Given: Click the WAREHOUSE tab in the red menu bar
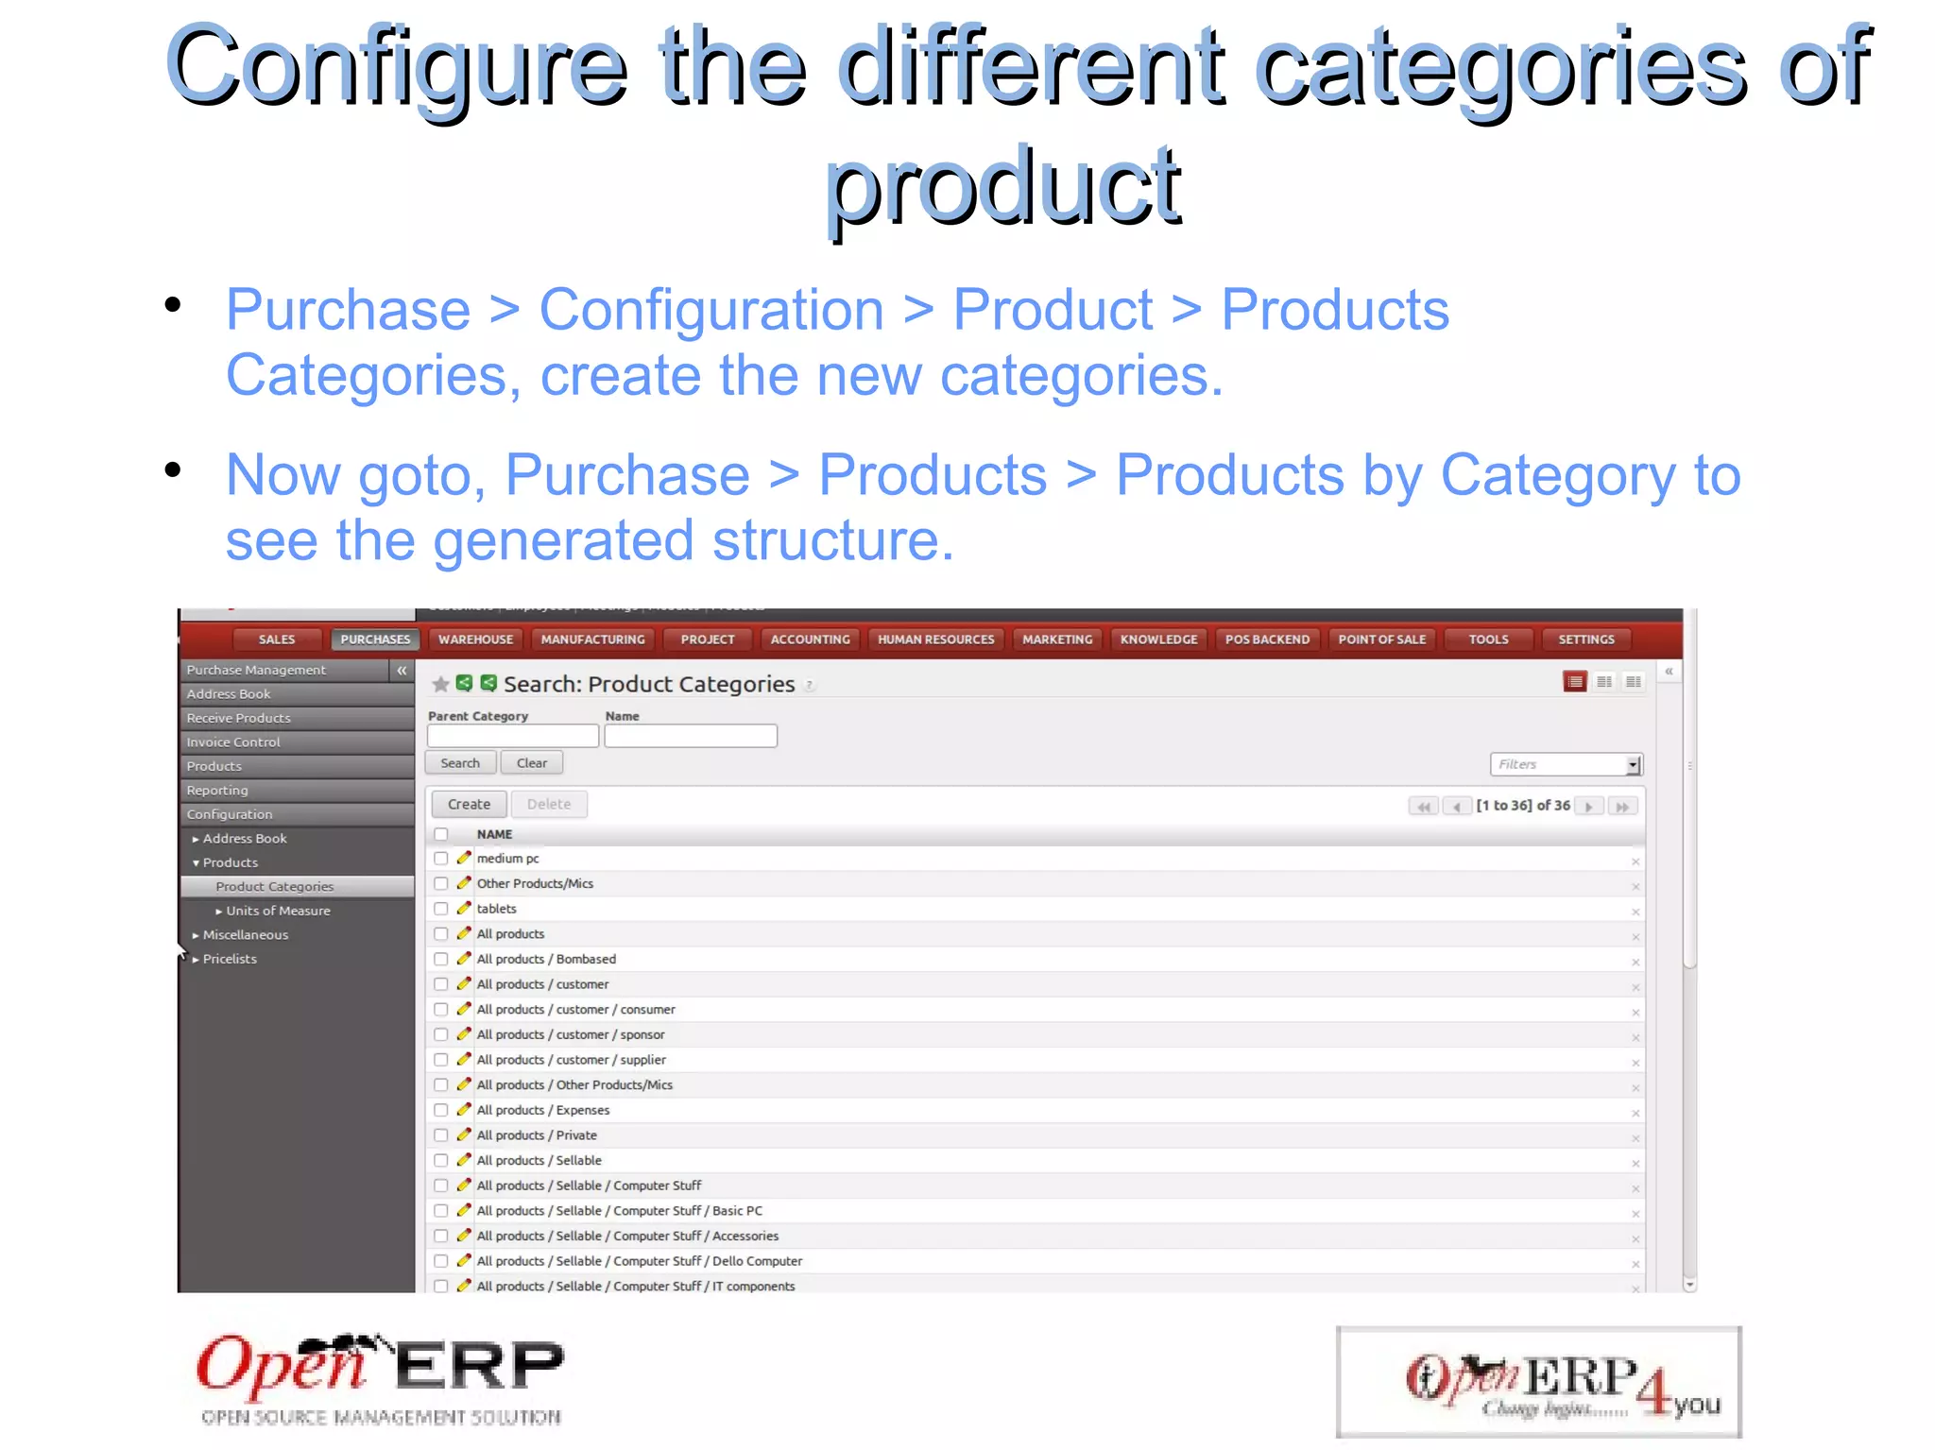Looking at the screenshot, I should click(475, 640).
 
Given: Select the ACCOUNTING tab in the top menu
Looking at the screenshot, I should click(810, 640).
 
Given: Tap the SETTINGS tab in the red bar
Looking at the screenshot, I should click(1585, 640).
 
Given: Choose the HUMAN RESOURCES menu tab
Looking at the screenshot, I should click(935, 640).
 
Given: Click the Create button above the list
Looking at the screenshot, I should click(469, 804).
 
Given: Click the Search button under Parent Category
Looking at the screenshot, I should click(460, 763).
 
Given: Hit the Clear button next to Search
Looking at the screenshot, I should click(531, 763).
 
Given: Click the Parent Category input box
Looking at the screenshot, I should click(512, 736).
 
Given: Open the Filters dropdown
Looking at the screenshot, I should click(1566, 764).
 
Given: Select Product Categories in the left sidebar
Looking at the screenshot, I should click(274, 886).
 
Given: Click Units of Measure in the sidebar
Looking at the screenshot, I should click(278, 911).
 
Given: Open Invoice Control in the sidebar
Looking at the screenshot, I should click(233, 742).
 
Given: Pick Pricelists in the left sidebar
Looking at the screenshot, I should click(230, 959).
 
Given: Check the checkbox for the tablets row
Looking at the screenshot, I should click(441, 909).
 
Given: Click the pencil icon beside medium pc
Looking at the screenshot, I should click(463, 858).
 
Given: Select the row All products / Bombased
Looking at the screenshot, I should click(546, 959).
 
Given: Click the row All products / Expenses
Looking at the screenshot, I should click(543, 1110).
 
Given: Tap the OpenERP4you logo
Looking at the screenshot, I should click(1538, 1382).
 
